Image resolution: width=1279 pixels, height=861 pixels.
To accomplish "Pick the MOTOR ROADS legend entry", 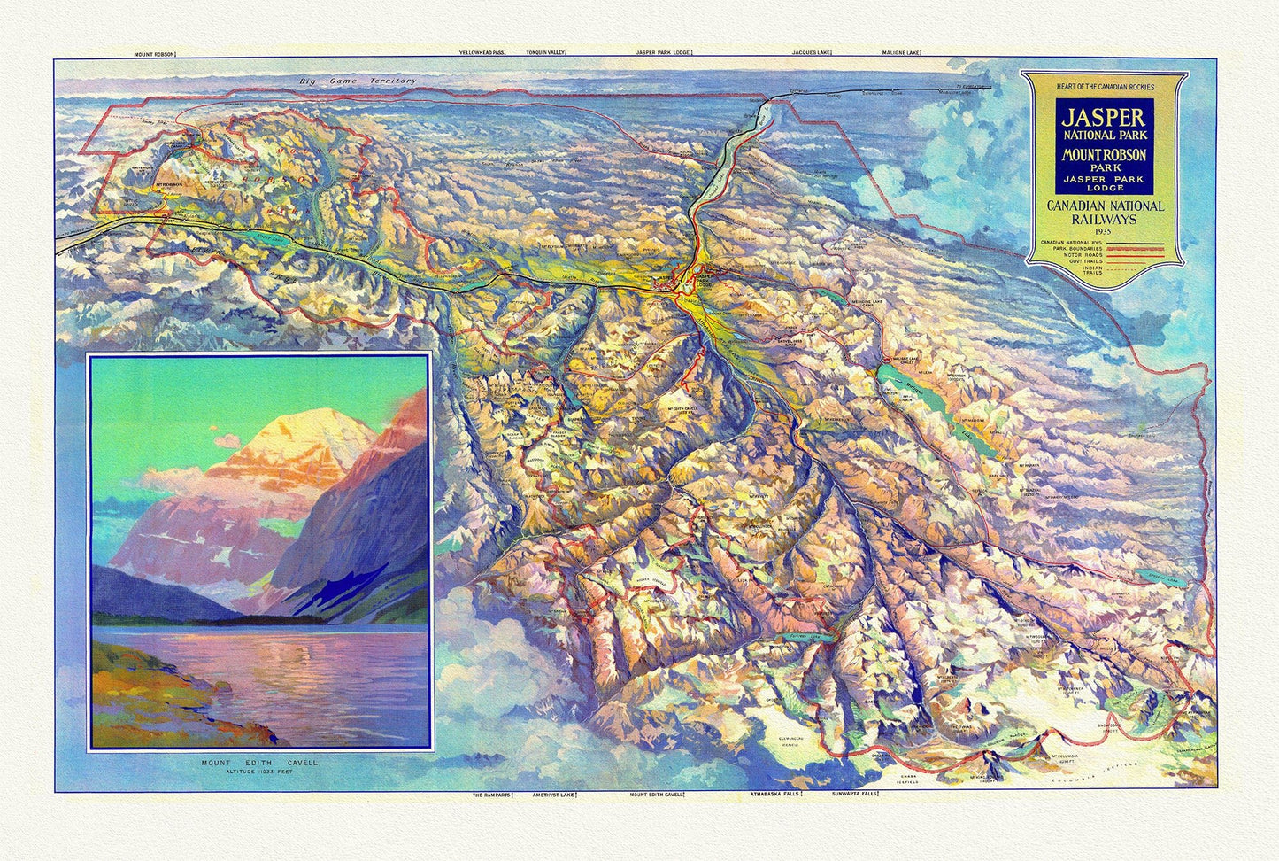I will (x=1069, y=255).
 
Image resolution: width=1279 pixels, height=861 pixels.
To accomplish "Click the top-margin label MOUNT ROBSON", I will (x=154, y=54).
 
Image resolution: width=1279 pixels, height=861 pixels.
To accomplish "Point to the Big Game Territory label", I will (x=357, y=81).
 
